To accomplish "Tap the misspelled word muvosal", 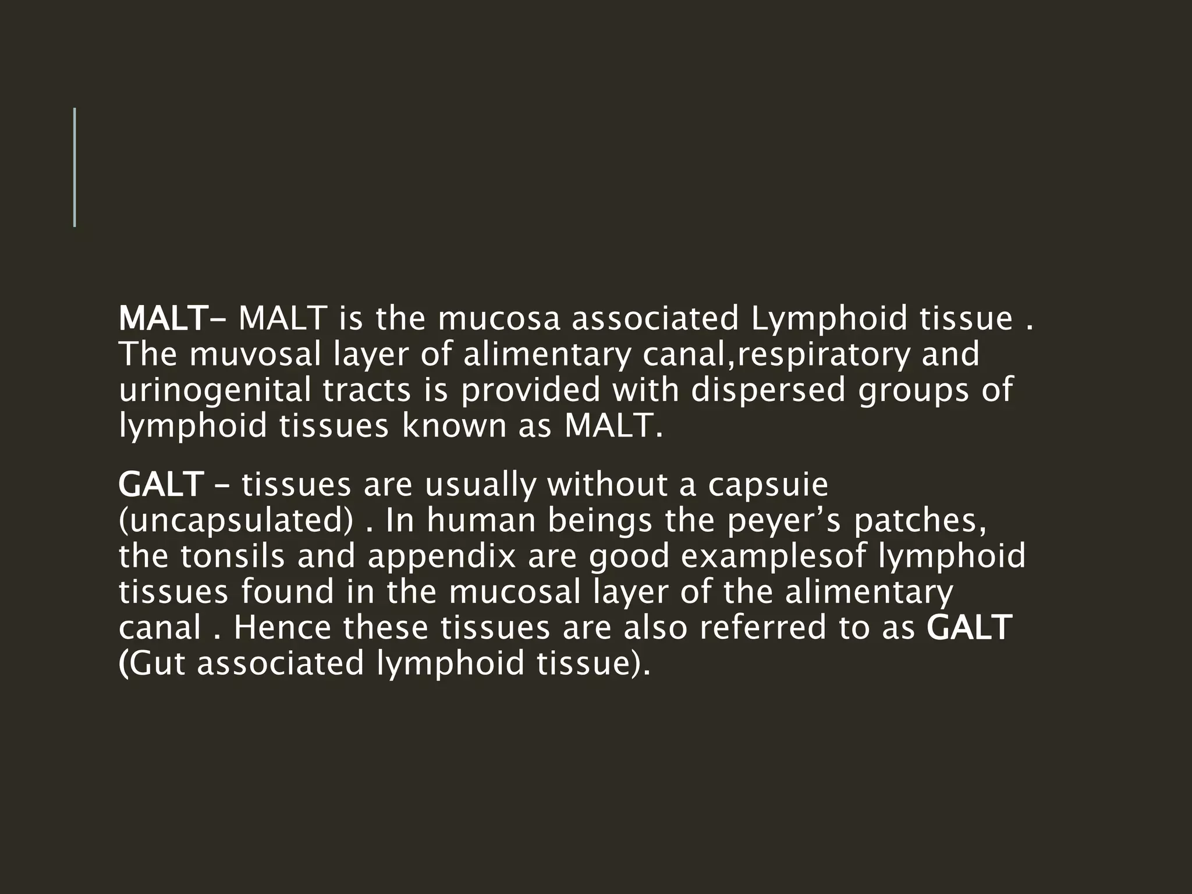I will click(x=255, y=354).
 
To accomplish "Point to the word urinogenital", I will click(x=215, y=391).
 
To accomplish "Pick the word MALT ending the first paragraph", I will click(x=612, y=426).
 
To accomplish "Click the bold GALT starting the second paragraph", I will click(x=161, y=485).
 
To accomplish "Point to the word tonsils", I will click(x=232, y=556).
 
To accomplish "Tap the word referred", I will click(x=764, y=627).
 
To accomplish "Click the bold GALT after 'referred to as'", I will click(x=968, y=627).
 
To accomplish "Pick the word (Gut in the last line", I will click(x=152, y=664).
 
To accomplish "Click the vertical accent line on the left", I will click(x=74, y=167).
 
